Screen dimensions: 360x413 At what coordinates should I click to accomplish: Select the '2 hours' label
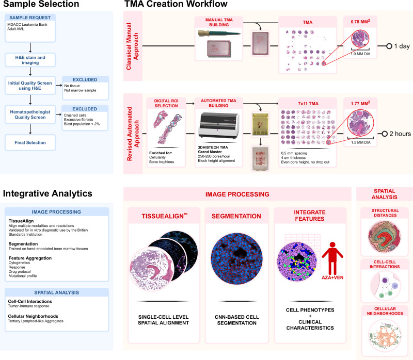(398, 134)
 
